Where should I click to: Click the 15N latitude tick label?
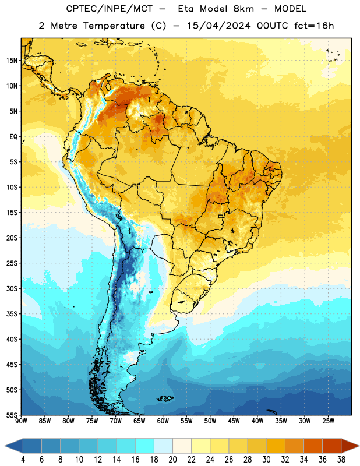12,61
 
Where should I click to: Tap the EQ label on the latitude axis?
13,137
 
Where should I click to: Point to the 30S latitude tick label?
12,288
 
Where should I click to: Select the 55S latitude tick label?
12,415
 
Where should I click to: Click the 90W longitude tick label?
21,421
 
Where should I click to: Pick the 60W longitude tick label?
163,421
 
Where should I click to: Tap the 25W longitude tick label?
328,421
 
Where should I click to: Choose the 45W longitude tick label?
234,421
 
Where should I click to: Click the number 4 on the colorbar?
23,460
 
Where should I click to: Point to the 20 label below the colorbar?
172,460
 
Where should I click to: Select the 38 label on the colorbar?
341,460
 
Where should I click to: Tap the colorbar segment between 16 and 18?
144,446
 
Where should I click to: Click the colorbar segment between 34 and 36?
313,446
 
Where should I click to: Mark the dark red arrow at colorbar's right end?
350,446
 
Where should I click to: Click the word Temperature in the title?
114,26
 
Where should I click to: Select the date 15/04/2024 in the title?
218,26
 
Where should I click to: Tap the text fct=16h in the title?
314,26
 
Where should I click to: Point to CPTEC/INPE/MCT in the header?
109,9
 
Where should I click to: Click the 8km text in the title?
243,9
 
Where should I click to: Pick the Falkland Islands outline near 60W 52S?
165,398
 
